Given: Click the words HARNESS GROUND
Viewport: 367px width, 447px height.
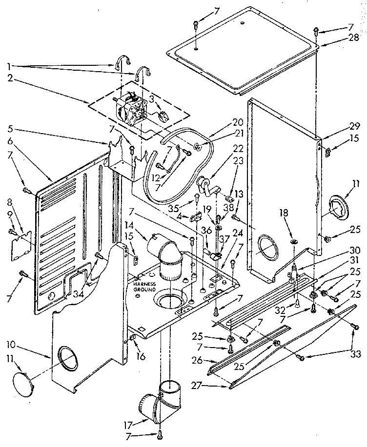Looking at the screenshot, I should pos(144,286).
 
